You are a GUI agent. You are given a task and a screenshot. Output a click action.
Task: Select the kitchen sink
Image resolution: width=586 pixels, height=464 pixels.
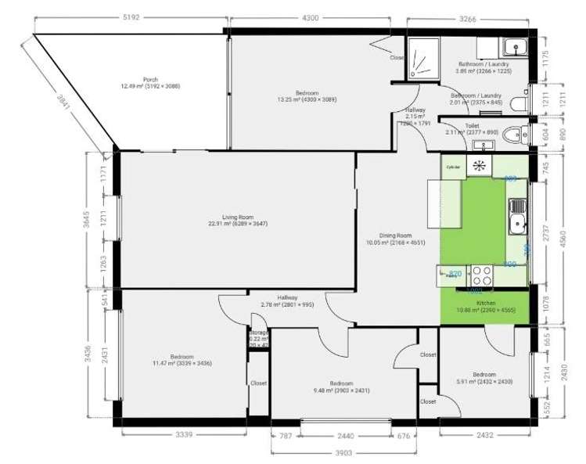pos(516,217)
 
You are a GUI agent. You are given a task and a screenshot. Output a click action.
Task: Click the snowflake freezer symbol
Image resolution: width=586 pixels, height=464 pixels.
pos(479,165)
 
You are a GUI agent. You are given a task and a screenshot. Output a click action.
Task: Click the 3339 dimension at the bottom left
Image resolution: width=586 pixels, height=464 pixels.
pos(184,433)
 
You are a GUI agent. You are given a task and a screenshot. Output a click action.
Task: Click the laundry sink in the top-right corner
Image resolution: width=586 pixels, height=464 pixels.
pos(516,45)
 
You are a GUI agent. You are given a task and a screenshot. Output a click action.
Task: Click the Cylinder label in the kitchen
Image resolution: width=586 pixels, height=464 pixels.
pos(452,167)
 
